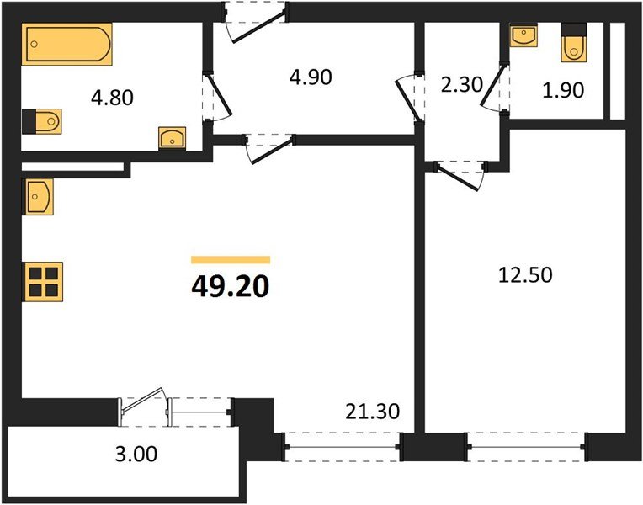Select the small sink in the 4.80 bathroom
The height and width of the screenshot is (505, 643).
pos(172,137)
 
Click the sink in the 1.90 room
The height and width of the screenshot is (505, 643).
pos(523,37)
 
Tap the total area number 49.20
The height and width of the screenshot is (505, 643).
pos(230,288)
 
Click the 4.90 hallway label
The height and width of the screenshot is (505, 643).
pos(311,77)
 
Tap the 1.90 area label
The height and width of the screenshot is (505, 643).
pos(561,89)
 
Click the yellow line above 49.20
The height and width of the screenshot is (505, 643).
pos(230,260)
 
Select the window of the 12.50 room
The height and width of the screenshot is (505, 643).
pos(525,446)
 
